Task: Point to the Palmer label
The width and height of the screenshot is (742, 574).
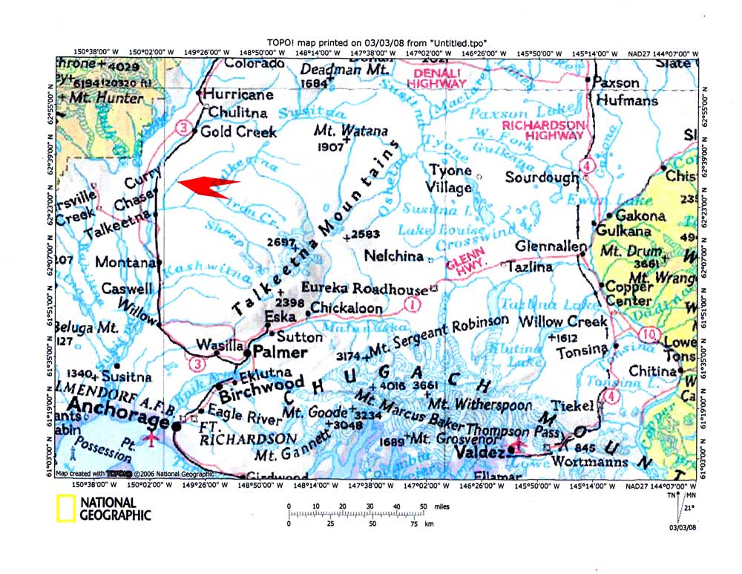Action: (280, 352)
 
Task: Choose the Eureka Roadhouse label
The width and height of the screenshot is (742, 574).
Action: (365, 288)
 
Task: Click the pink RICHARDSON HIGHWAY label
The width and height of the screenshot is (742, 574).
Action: (544, 130)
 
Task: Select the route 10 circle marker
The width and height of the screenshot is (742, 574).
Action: (650, 336)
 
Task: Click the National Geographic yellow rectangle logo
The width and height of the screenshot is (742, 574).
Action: (66, 509)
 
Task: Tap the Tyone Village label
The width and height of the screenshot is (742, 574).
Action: (450, 179)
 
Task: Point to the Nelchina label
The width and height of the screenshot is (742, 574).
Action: (393, 256)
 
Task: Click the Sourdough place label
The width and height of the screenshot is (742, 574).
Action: (542, 177)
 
